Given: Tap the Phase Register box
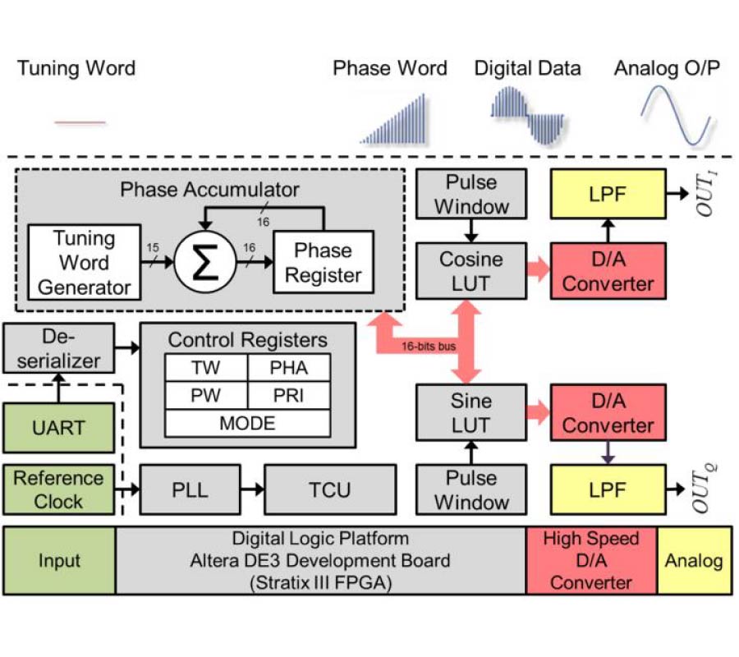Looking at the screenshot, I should tap(323, 262).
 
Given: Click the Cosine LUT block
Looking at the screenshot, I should tap(470, 271).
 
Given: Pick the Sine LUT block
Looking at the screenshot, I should tap(470, 413).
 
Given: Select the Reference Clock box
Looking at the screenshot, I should tap(58, 489).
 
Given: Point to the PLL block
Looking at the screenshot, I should tap(190, 490).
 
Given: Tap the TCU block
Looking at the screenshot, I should tap(329, 490).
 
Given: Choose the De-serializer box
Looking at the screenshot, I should tap(58, 347).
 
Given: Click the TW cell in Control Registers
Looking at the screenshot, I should tap(205, 368).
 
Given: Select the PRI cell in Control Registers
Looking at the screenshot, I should tap(288, 395).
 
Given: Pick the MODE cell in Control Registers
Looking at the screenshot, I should tap(247, 423).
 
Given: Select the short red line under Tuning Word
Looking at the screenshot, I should tap(80, 122).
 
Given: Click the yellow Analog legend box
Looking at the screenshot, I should tap(694, 561).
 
